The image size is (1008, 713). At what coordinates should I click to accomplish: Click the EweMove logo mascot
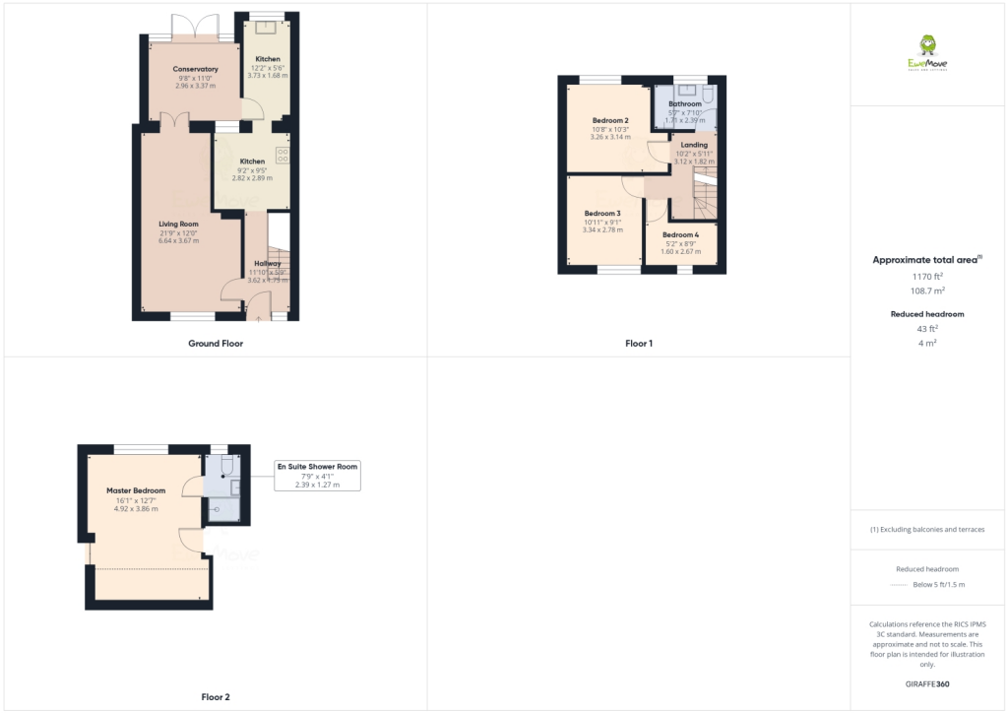[x=926, y=45]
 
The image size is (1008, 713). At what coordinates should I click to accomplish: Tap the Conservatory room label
[x=195, y=69]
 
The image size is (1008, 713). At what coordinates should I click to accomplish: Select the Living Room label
[x=179, y=225]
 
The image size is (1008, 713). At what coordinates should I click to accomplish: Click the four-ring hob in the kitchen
[x=283, y=155]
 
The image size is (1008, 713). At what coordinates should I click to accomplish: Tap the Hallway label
[x=267, y=264]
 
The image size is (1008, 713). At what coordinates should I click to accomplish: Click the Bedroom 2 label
[x=610, y=121]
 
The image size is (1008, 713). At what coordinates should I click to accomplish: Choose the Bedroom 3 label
[x=602, y=214]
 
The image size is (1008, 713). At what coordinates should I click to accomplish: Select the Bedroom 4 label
[x=680, y=234]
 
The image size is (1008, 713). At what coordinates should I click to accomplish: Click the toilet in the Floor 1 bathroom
[x=710, y=96]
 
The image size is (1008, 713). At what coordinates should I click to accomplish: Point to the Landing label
[x=694, y=145]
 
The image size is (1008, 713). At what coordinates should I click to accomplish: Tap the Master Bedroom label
[x=136, y=490]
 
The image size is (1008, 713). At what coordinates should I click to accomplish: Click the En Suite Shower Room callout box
[x=317, y=475]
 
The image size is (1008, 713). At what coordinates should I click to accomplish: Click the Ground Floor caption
[x=216, y=344]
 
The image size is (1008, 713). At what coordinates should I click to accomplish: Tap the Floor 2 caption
[x=216, y=697]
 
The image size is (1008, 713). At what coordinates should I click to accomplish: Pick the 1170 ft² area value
[x=926, y=277]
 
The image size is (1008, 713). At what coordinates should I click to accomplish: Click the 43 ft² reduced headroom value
[x=926, y=329]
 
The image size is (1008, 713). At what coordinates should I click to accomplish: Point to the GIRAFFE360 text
[x=926, y=683]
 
